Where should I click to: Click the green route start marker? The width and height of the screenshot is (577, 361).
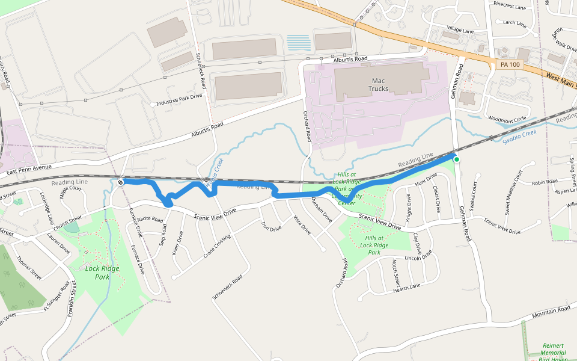coord(457,159)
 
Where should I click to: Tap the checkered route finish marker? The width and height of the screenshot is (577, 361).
coord(121,181)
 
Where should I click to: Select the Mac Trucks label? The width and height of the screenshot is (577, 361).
coord(378,85)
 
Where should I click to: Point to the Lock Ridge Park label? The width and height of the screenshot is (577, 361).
coord(102,273)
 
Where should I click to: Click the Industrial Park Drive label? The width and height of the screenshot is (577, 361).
coord(179,103)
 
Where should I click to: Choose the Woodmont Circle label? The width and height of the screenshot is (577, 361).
coord(507,119)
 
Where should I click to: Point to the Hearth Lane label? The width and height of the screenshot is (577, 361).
coord(407,288)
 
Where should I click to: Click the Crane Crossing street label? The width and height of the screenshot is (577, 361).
coord(216,245)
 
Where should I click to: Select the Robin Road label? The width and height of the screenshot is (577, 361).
coord(545,182)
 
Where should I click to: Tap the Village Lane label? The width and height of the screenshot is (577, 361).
coord(460,31)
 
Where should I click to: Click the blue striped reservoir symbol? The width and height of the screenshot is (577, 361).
coord(299,43)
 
